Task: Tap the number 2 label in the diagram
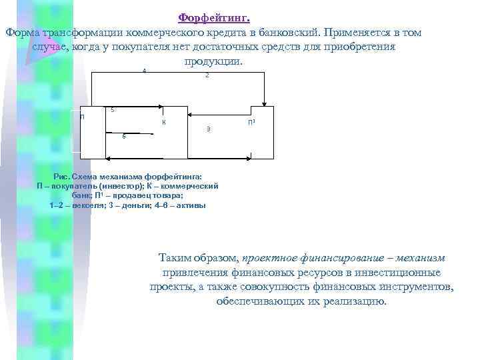pos(207,76)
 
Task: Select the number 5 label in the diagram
pos(113,110)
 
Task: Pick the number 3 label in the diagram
pos(209,128)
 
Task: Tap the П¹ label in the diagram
pos(251,123)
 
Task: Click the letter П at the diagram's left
pos(83,117)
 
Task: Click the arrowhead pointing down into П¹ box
pos(266,103)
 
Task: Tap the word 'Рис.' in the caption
pos(61,176)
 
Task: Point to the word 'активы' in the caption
pos(191,205)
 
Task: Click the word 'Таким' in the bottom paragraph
pos(175,257)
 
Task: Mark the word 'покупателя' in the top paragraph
pos(155,47)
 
